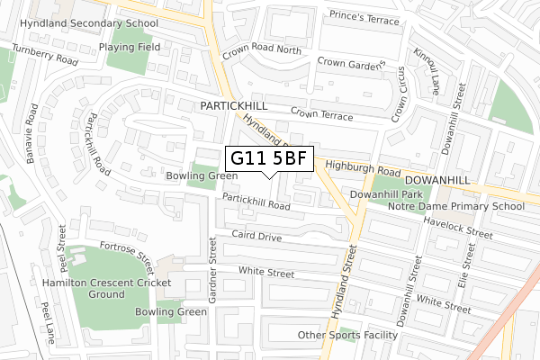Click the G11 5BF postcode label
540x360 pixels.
(x=269, y=159)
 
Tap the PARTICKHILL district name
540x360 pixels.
(x=236, y=106)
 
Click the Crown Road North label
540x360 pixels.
(x=263, y=50)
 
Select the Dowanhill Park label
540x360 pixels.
(x=386, y=193)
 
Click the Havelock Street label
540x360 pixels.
(x=456, y=230)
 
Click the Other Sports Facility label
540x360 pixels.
(x=346, y=336)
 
